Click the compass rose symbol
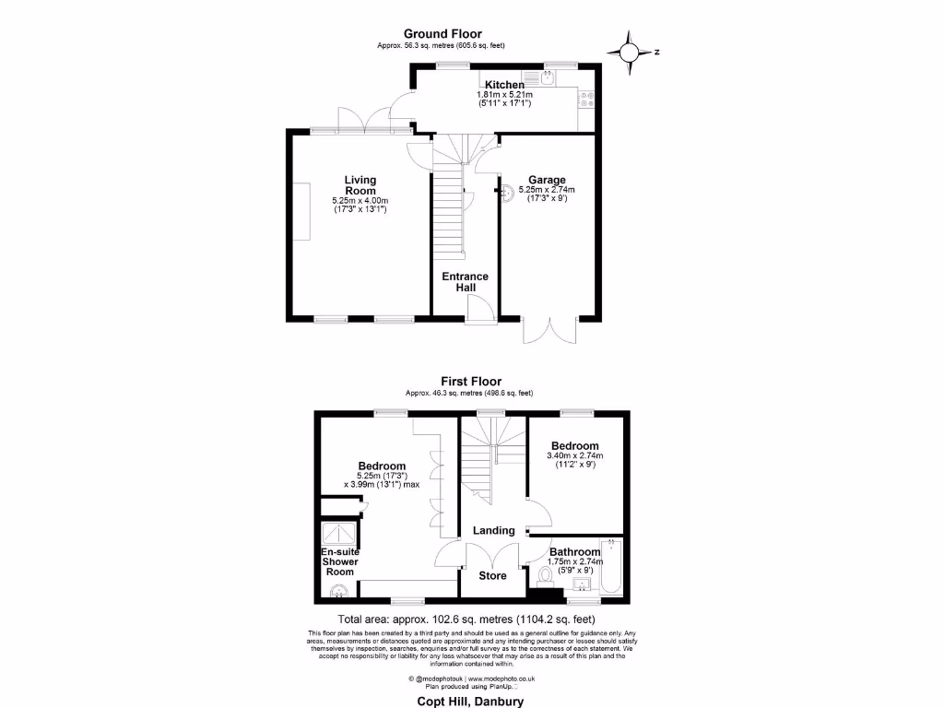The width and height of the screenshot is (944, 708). pyautogui.click(x=630, y=53)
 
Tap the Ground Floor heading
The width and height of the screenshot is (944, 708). pyautogui.click(x=442, y=34)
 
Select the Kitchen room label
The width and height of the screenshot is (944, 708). pyautogui.click(x=504, y=85)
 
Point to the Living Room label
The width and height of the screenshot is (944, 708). pyautogui.click(x=360, y=185)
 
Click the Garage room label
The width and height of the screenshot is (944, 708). pyautogui.click(x=547, y=180)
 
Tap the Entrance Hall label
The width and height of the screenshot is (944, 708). pyautogui.click(x=466, y=282)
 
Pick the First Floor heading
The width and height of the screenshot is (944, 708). pyautogui.click(x=470, y=381)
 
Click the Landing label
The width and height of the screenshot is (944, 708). pyautogui.click(x=493, y=530)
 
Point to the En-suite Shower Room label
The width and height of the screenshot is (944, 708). pyautogui.click(x=339, y=561)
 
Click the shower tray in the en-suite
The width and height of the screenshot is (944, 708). pyautogui.click(x=338, y=534)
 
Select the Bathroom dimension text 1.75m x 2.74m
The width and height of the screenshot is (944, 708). pyautogui.click(x=575, y=561)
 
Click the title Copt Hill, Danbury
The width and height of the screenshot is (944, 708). pyautogui.click(x=470, y=701)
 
